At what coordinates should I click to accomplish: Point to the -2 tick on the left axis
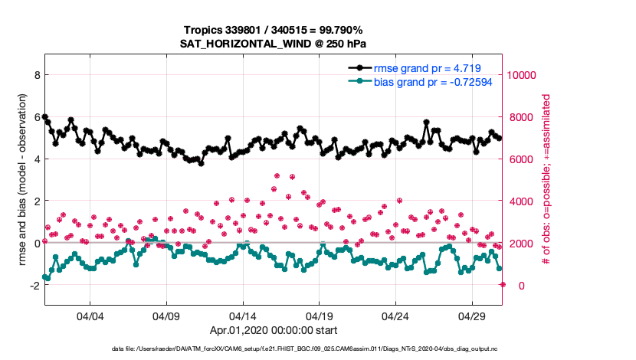point(34,286)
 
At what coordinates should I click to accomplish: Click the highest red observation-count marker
point(277,175)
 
